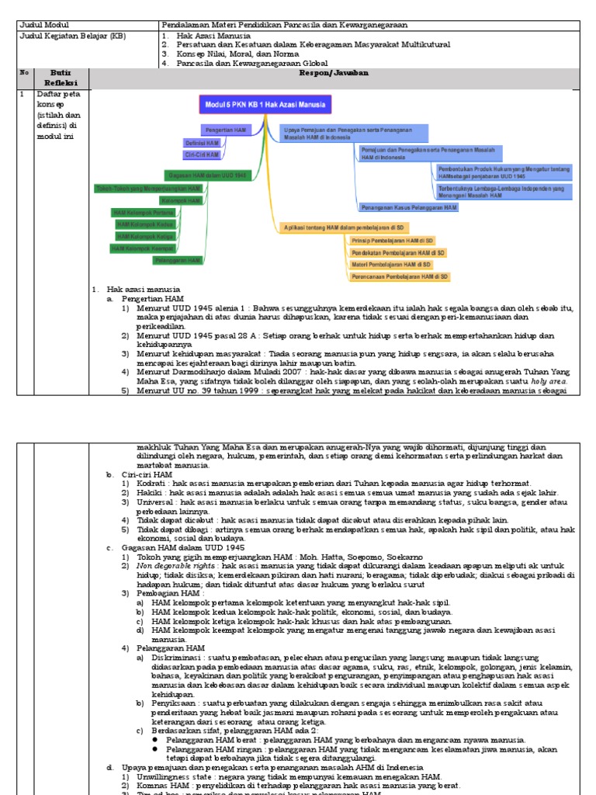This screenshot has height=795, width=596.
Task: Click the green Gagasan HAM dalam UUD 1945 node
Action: coord(207,176)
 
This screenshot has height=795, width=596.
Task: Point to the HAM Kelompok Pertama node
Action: coord(144,212)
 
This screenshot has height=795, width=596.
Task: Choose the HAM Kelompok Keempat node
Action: coord(143,248)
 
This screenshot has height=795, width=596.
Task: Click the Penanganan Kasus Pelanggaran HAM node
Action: coord(409,208)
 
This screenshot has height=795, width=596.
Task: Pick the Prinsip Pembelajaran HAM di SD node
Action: coord(398,241)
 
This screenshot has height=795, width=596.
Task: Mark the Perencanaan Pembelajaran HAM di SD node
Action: coord(400,276)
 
